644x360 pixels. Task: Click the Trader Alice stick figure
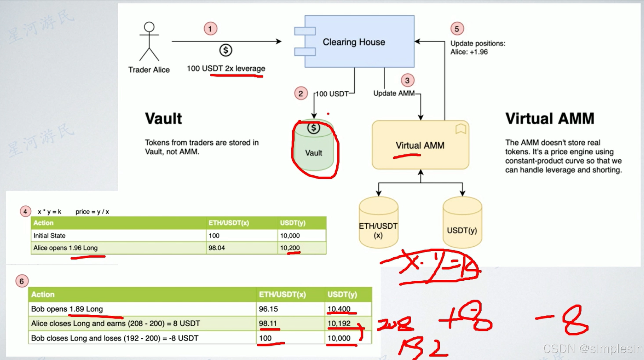(x=149, y=41)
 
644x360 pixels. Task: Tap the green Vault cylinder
(x=313, y=148)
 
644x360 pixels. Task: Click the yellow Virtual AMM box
(x=420, y=145)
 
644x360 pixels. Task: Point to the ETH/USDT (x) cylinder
(x=378, y=223)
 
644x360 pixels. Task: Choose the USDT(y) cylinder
(x=462, y=223)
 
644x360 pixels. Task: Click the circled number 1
(x=210, y=29)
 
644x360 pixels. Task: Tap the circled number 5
(x=457, y=29)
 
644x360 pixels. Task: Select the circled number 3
(x=407, y=81)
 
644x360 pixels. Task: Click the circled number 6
(x=22, y=281)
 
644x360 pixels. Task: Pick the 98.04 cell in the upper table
(x=217, y=248)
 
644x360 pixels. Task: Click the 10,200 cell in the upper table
(x=290, y=248)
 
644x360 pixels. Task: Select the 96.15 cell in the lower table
(x=268, y=309)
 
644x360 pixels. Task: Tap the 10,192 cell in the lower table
(x=339, y=323)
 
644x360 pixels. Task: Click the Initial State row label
(x=49, y=236)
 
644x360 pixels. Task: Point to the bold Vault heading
(x=163, y=119)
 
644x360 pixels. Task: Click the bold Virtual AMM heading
(x=550, y=119)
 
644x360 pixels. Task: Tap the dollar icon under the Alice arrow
(x=226, y=50)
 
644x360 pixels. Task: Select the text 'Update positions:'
(x=477, y=43)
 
